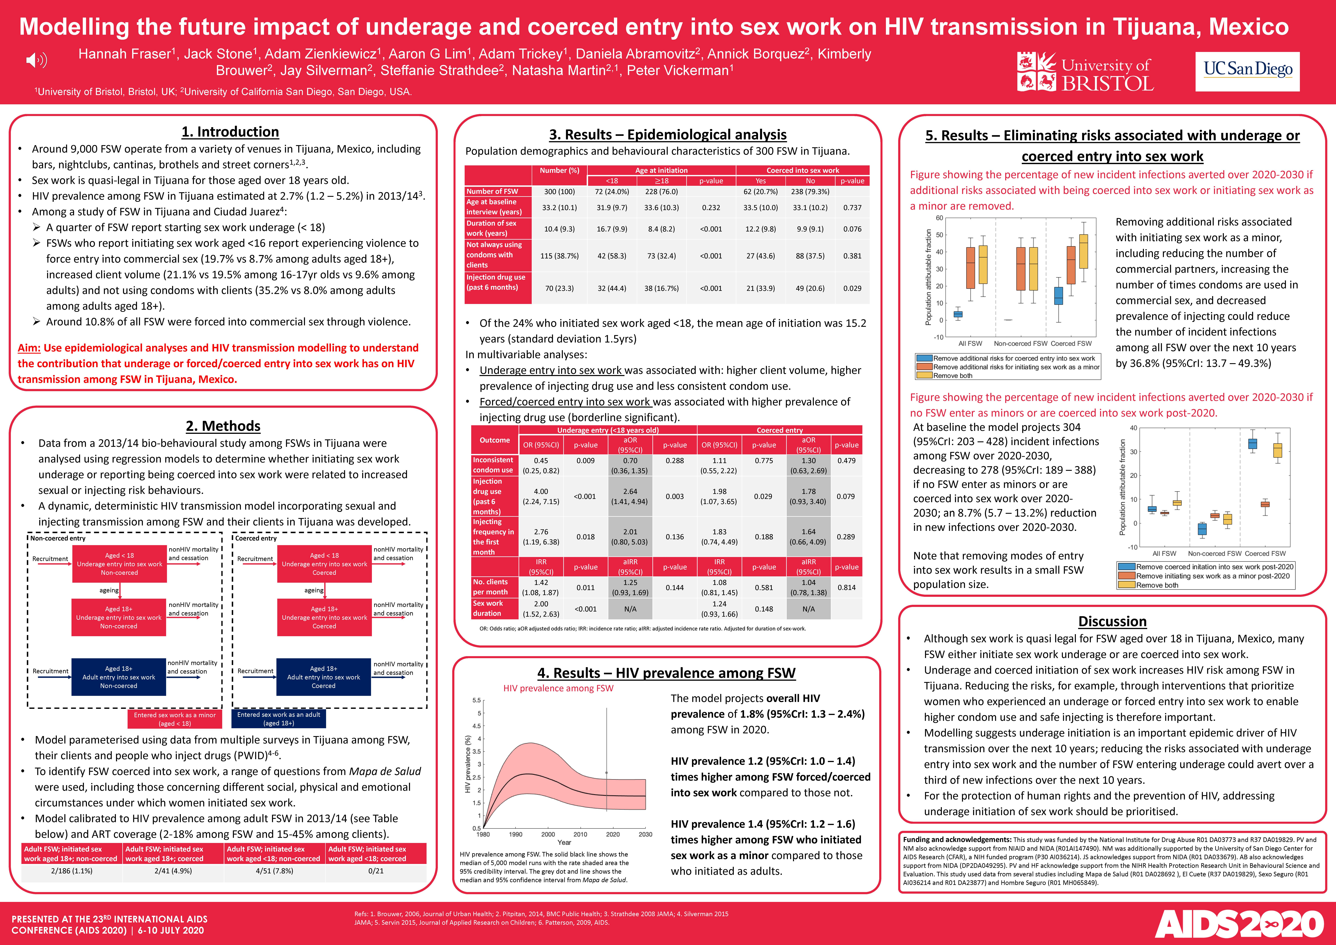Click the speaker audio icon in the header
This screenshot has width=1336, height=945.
pos(37,60)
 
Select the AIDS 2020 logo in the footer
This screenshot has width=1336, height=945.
pos(1239,923)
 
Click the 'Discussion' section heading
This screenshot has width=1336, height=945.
pos(1112,621)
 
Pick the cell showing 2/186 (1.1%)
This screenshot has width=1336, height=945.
pos(72,871)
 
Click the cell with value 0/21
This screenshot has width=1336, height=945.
pos(376,871)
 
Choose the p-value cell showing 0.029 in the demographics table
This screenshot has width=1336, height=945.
pos(853,288)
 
